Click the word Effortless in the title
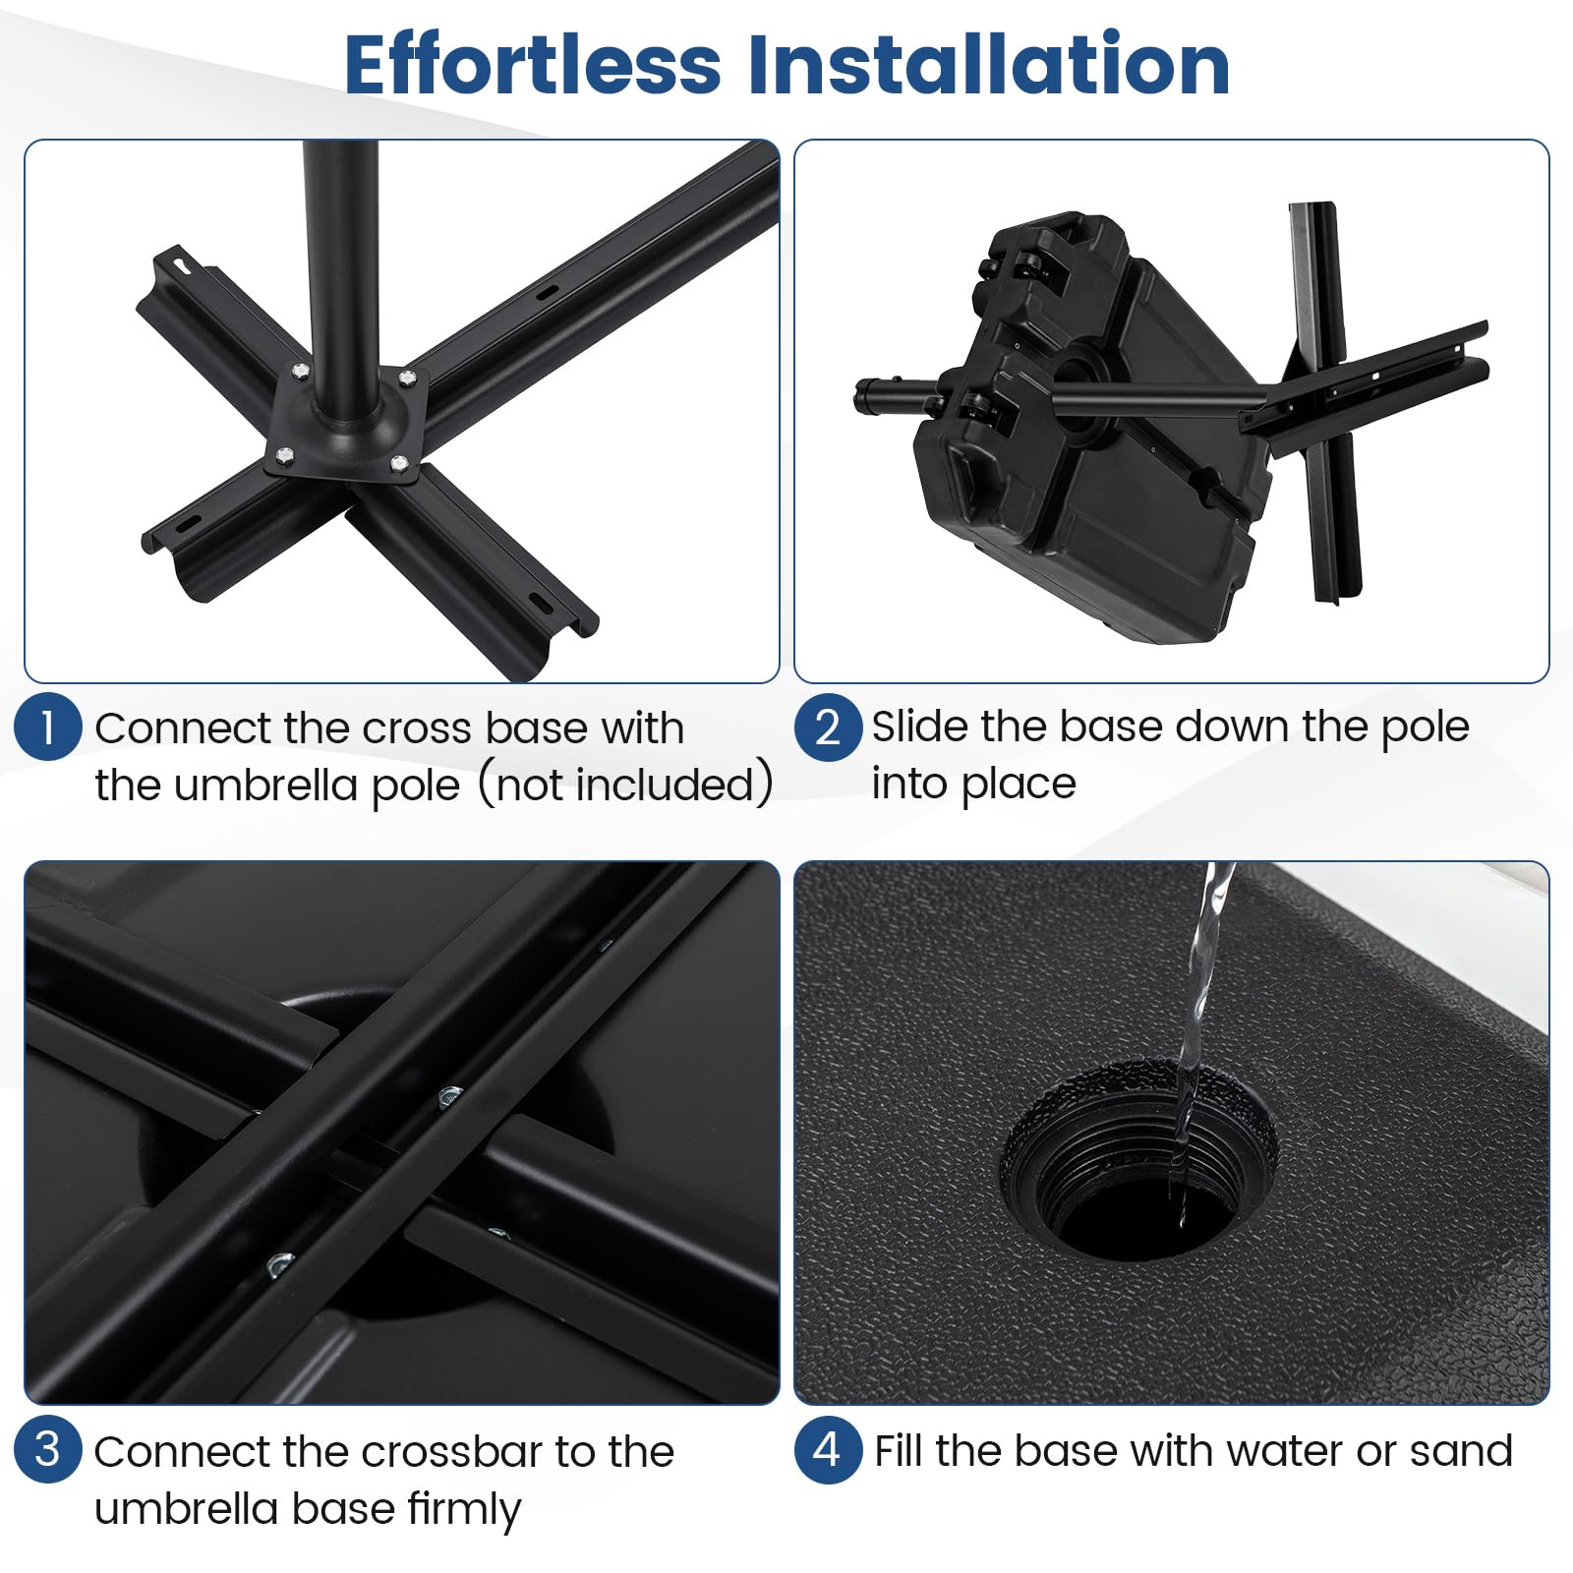pos(533,64)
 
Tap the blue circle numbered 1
pos(47,728)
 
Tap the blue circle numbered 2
pos(828,728)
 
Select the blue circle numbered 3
pos(47,1450)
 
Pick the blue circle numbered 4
pos(828,1450)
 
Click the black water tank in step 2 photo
pos(1091,433)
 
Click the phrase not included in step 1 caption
pos(625,785)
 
